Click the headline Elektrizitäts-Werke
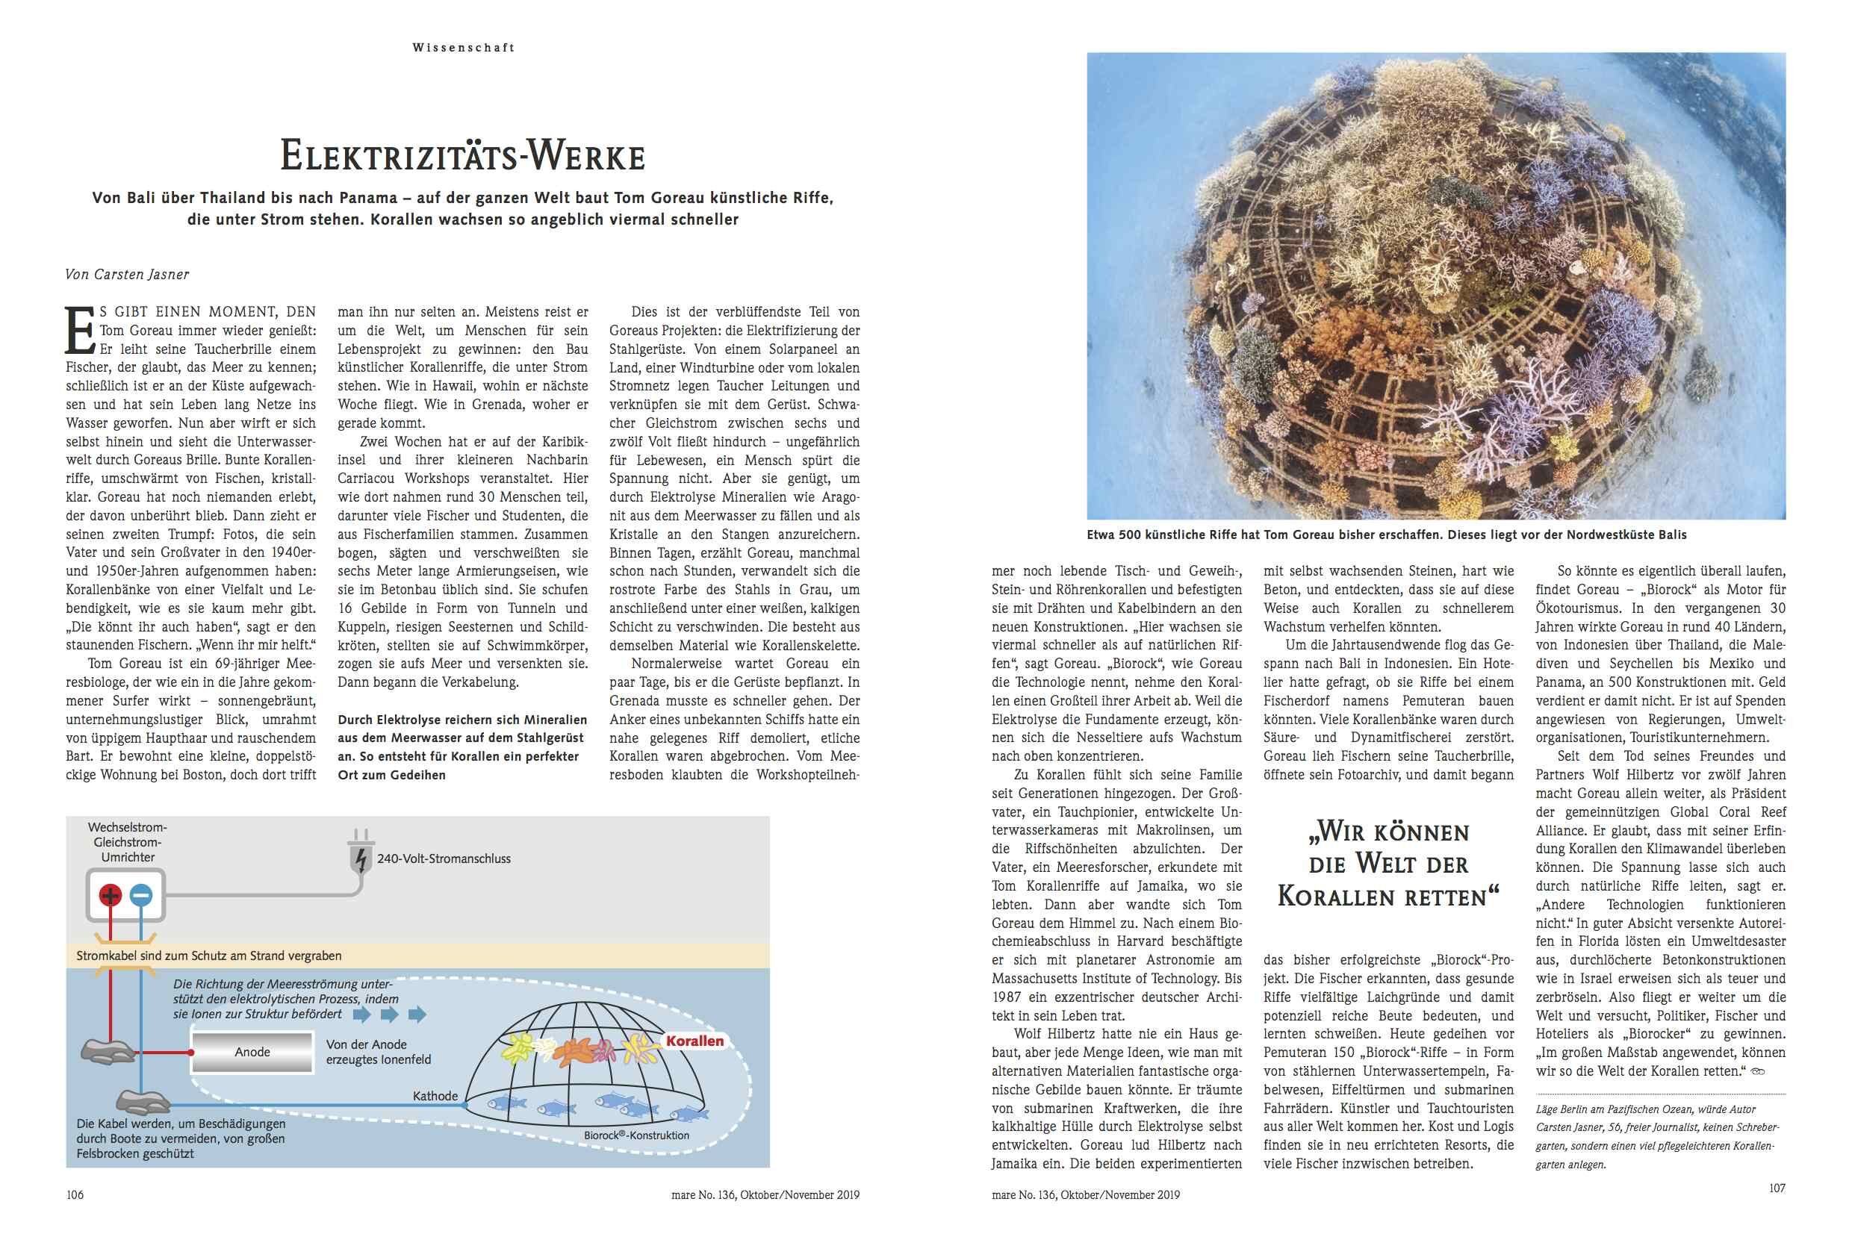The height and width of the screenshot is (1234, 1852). [463, 156]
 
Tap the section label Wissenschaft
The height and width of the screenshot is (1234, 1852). [463, 48]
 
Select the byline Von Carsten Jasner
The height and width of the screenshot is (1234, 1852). [127, 274]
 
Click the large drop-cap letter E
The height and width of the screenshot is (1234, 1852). [78, 331]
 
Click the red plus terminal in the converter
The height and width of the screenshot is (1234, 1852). [111, 896]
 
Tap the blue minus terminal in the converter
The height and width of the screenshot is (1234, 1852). [141, 896]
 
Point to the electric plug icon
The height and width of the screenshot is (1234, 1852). [360, 854]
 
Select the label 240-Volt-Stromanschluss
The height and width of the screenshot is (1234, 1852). [444, 858]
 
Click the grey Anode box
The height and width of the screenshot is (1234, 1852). [252, 1052]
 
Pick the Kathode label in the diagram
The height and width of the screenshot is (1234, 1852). [435, 1095]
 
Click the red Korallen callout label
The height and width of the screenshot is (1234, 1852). [694, 1041]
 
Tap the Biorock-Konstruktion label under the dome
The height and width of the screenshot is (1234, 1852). [637, 1135]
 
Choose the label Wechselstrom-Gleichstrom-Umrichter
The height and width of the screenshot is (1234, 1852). [128, 842]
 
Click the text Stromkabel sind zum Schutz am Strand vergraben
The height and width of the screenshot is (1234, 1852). [208, 956]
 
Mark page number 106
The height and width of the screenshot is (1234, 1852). [75, 1194]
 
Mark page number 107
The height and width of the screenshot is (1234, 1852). [1777, 1188]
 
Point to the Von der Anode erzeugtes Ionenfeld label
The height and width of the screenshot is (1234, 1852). [378, 1052]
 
